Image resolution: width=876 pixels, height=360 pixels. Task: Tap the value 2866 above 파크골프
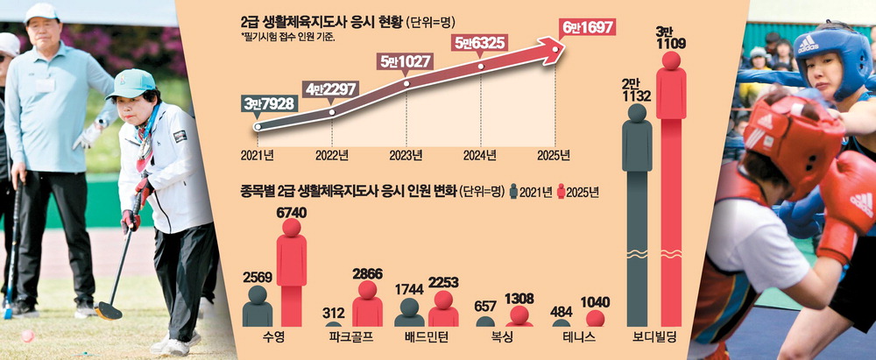[x=367, y=273]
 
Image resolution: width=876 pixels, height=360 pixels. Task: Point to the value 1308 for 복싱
[x=520, y=297]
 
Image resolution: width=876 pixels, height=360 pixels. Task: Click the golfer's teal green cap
[x=131, y=83]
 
